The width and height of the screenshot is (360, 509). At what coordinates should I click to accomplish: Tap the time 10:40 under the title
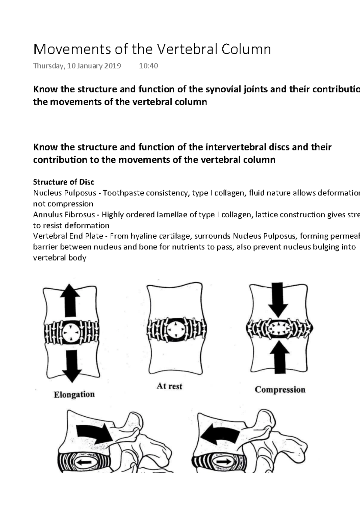coord(148,66)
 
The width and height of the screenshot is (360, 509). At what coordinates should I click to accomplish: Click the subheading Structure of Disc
coord(64,182)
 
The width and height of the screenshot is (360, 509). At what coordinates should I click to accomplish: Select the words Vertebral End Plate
coord(68,236)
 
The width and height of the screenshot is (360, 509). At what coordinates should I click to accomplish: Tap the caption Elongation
coord(74,394)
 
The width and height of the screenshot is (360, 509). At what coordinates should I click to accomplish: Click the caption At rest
coord(169,386)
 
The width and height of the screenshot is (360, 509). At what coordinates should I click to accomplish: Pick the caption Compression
coord(280,390)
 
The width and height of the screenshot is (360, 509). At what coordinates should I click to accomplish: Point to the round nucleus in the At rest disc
coord(176,331)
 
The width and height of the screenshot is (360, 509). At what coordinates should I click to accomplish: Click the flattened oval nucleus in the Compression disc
coord(279,328)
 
